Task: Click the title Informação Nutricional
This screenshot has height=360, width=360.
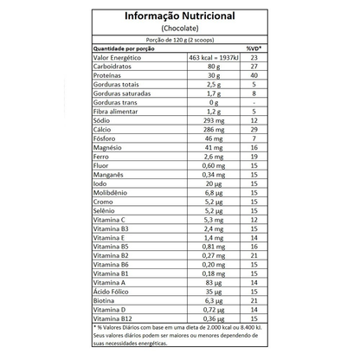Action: coord(180,16)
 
